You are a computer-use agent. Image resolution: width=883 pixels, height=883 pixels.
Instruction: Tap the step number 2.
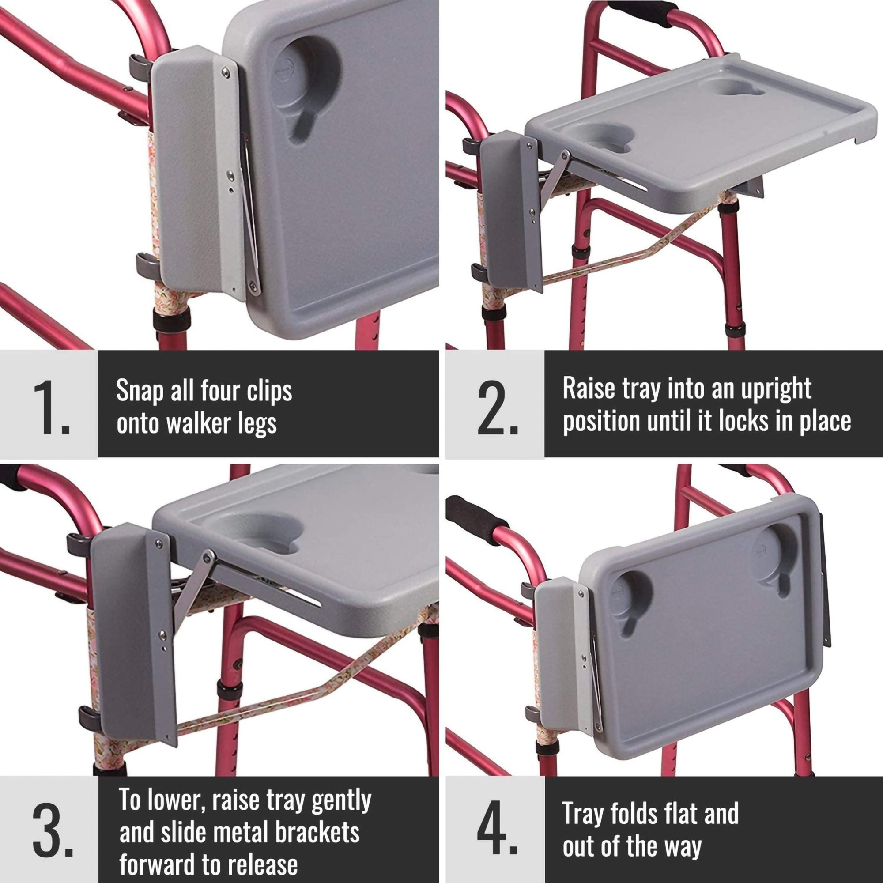[497, 408]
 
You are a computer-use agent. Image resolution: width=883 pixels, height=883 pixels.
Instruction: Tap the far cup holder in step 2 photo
[731, 86]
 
